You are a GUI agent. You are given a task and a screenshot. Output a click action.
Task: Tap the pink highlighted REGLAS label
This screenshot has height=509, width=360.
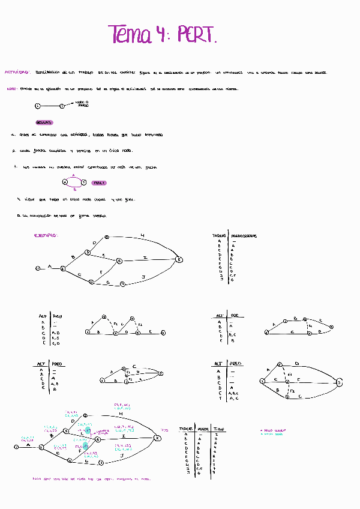coord(45,122)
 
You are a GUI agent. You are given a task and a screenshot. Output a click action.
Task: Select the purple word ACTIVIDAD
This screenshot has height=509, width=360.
coord(17,72)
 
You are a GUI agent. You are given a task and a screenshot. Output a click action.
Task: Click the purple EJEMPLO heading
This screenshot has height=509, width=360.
coord(46,236)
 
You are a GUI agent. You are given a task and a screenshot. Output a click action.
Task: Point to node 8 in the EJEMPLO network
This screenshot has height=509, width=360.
coord(179,259)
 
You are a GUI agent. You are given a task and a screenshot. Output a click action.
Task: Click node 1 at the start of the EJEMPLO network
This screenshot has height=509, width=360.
coord(38,268)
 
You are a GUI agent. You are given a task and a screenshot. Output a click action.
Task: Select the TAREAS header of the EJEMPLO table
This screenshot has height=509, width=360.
coord(219,236)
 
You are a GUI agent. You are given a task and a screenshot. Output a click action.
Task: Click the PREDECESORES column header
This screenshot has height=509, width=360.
coord(244,236)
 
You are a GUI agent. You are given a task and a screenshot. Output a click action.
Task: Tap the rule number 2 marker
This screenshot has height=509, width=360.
coord(13,151)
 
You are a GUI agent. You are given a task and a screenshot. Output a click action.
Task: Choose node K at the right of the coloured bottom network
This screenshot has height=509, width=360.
coord(157,438)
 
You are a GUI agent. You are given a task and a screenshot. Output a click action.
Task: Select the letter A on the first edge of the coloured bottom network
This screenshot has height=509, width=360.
coord(28,445)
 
